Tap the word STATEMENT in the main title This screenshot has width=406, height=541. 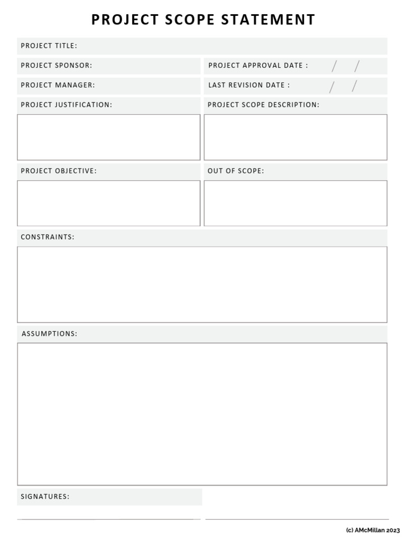click(268, 20)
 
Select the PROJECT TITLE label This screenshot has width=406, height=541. click(49, 46)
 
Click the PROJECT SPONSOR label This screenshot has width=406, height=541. click(56, 66)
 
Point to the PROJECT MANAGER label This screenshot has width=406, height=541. click(58, 85)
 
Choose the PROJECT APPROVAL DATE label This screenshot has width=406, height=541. click(258, 66)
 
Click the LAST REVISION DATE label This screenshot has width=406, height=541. click(249, 85)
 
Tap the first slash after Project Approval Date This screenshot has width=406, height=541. click(334, 66)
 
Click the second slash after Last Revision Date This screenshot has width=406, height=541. click(354, 86)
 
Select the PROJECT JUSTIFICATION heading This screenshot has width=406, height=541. click(66, 105)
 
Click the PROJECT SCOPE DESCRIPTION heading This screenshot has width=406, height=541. click(263, 105)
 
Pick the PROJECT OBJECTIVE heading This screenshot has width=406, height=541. click(59, 171)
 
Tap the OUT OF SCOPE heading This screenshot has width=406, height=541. click(236, 171)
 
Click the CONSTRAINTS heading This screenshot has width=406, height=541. click(48, 237)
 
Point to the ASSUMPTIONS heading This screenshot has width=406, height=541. click(49, 334)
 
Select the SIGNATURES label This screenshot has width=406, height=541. click(45, 497)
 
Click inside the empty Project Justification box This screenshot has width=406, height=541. click(108, 137)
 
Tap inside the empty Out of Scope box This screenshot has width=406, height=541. click(296, 203)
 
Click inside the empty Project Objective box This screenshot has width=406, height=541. click(108, 203)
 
